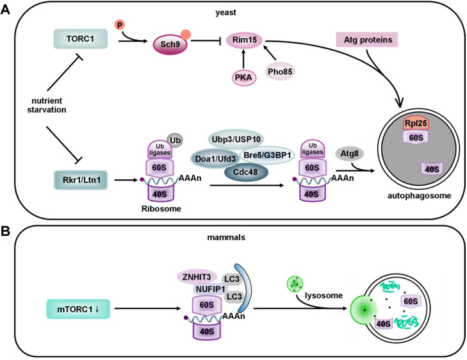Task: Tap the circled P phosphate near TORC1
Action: pos(120,26)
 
